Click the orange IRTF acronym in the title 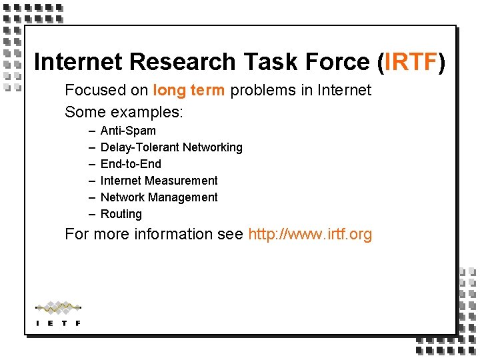[x=410, y=61]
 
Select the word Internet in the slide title [x=78, y=61]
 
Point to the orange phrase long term [x=189, y=90]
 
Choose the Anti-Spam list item [x=128, y=131]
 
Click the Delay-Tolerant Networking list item [x=171, y=147]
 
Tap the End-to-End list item [x=131, y=164]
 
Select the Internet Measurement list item [x=159, y=181]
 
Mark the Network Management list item [x=159, y=197]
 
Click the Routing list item [x=121, y=214]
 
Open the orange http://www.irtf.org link [x=310, y=234]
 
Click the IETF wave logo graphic [x=58, y=308]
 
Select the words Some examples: [x=123, y=111]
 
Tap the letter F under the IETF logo [x=79, y=323]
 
